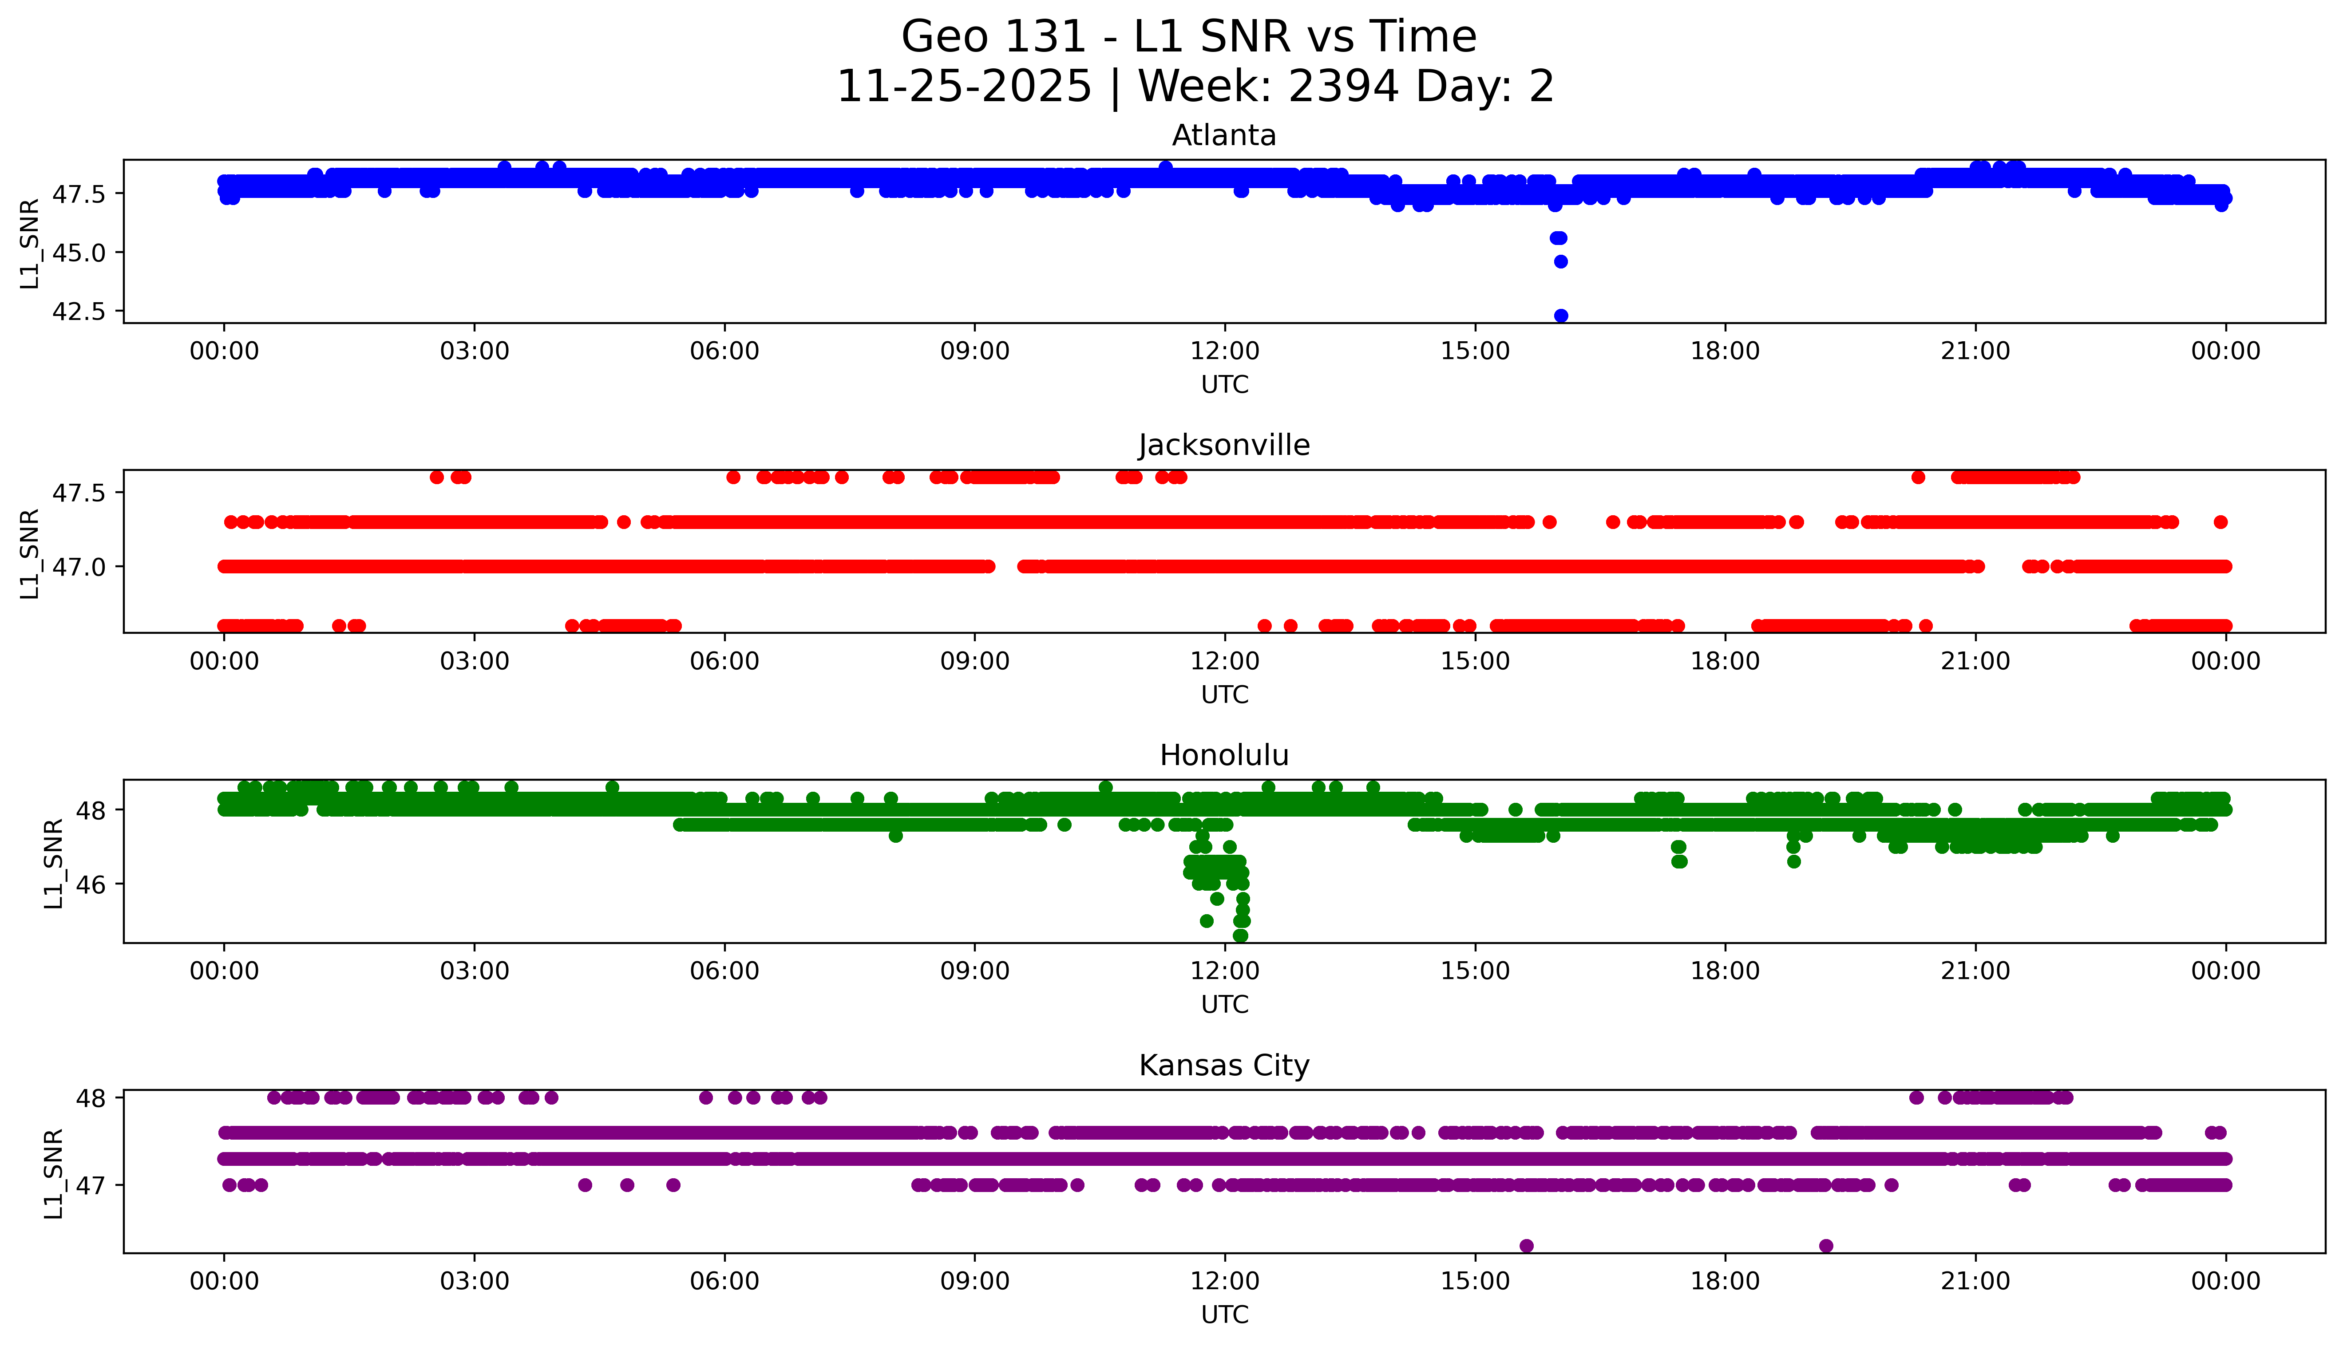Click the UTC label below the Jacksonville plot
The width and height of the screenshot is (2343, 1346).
coord(1224,694)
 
